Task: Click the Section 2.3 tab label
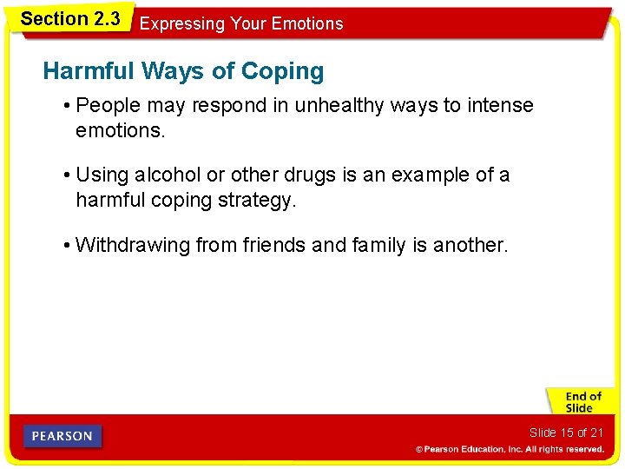click(x=70, y=18)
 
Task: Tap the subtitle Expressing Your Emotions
click(x=241, y=23)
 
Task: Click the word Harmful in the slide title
click(x=87, y=71)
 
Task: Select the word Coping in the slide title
click(x=286, y=72)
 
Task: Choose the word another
click(x=470, y=245)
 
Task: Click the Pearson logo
click(x=62, y=436)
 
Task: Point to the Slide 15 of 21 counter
click(x=566, y=433)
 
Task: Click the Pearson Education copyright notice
click(x=510, y=449)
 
